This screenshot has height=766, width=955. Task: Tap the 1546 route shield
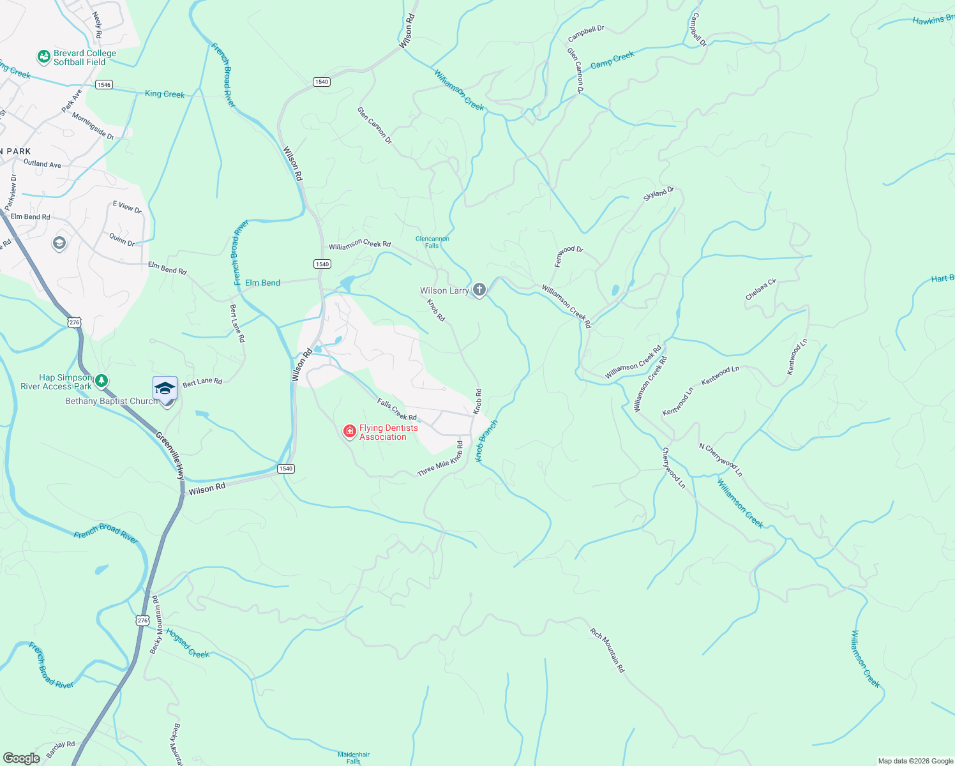(x=104, y=84)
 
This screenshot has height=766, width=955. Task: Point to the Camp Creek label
(x=612, y=60)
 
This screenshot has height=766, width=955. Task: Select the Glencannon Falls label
(x=432, y=242)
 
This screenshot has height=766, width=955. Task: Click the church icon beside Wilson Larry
(x=479, y=290)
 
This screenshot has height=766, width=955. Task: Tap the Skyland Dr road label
(x=658, y=195)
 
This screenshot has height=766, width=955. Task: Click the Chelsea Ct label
(x=761, y=289)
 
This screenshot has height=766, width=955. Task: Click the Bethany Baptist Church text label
(x=111, y=401)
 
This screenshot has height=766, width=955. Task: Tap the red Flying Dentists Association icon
(x=349, y=432)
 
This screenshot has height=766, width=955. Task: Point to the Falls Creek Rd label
(x=396, y=409)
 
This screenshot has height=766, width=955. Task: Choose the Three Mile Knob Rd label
(x=440, y=458)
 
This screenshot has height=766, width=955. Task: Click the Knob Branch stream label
(x=486, y=441)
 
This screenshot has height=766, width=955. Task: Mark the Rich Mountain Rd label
(x=606, y=650)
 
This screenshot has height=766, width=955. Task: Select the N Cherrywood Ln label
(x=721, y=460)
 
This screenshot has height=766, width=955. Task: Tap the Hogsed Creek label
(x=188, y=643)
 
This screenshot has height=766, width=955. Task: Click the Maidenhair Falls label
(x=354, y=758)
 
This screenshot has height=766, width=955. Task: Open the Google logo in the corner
(x=22, y=758)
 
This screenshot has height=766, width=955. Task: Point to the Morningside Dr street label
(x=93, y=126)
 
